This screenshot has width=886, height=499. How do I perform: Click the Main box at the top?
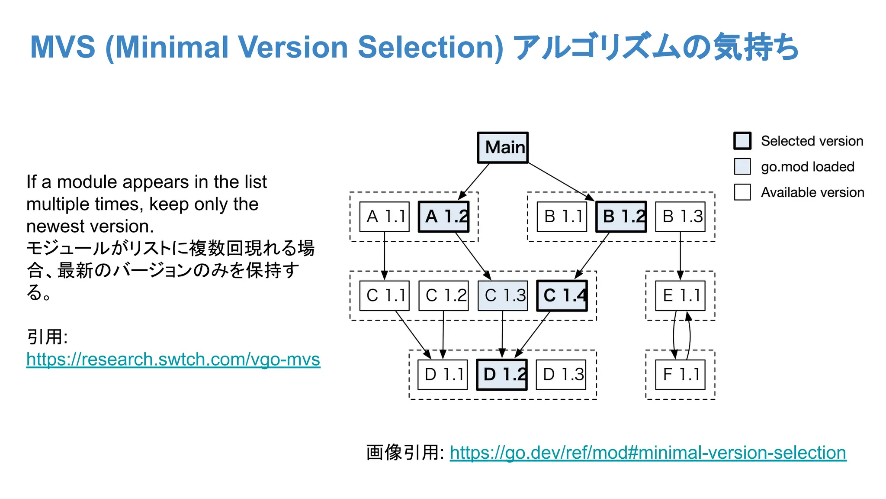click(503, 148)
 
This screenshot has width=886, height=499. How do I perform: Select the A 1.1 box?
click(384, 217)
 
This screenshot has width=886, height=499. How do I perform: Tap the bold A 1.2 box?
click(443, 217)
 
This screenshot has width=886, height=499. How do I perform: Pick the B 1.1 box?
click(562, 217)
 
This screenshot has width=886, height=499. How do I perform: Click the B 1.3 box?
click(680, 217)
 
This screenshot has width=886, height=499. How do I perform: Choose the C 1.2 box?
click(443, 296)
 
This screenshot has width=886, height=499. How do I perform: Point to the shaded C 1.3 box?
click(503, 296)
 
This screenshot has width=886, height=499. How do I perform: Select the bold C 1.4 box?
click(562, 296)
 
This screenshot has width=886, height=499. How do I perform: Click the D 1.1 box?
click(443, 375)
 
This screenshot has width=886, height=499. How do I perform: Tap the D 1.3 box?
click(561, 375)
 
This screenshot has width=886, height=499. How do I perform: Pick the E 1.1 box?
click(680, 296)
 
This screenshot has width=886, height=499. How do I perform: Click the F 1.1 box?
click(680, 375)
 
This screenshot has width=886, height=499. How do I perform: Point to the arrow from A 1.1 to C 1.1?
click(384, 256)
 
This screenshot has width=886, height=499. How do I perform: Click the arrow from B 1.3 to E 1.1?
click(680, 256)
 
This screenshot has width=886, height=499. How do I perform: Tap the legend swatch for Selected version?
click(742, 141)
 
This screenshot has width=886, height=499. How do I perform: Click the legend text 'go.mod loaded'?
click(808, 167)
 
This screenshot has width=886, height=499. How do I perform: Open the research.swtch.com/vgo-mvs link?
click(173, 360)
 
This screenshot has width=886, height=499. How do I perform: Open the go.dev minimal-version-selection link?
click(648, 453)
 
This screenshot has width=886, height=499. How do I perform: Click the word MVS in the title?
click(63, 47)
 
